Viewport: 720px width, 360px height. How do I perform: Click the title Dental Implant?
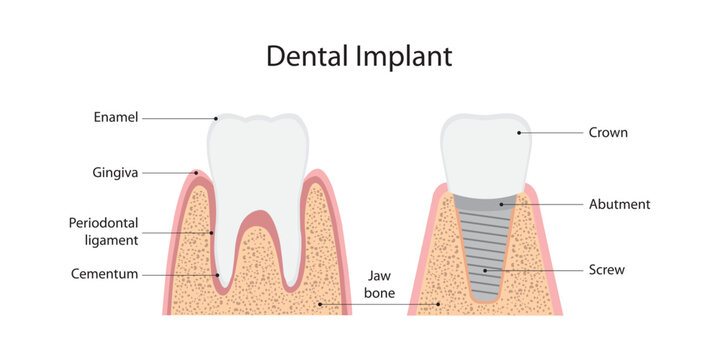tap(359, 57)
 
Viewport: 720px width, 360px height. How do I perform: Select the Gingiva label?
tap(112, 172)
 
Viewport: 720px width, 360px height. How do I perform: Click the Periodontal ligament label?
tap(103, 230)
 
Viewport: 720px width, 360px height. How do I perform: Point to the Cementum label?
tap(104, 273)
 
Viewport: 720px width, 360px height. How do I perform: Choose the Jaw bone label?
tap(379, 283)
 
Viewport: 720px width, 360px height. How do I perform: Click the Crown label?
tap(608, 132)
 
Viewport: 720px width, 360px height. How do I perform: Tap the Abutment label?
tap(620, 204)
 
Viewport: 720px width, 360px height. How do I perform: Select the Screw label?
tap(608, 269)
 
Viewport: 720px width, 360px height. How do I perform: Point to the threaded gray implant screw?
tap(486, 250)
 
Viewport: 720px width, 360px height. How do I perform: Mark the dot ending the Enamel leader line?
tap(216, 119)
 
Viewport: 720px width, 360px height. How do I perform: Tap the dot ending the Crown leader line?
tap(519, 132)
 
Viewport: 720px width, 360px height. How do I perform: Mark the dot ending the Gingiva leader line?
tap(196, 173)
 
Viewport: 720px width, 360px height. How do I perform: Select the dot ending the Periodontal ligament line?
tap(212, 232)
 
